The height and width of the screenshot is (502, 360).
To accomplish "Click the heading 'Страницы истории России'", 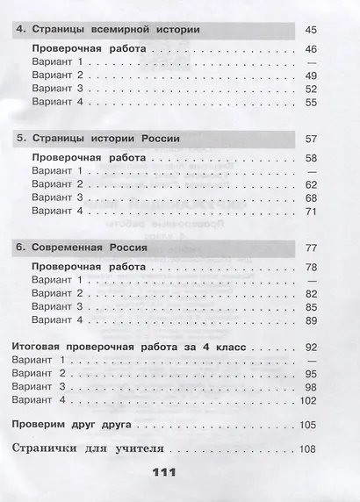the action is pos(104,140).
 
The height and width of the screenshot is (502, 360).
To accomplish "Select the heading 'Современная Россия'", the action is pos(88,248).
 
